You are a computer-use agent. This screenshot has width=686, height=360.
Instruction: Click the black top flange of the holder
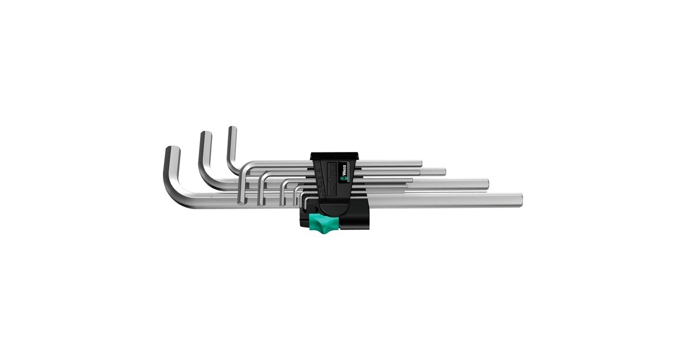pyautogui.click(x=334, y=156)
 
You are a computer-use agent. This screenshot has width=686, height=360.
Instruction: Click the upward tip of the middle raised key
pyautogui.click(x=205, y=136)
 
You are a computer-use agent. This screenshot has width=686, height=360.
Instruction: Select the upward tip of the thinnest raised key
pyautogui.click(x=232, y=130)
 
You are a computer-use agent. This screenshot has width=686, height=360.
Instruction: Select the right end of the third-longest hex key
pyautogui.click(x=444, y=171)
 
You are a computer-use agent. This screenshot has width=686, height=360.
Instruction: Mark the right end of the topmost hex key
pyautogui.click(x=420, y=164)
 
